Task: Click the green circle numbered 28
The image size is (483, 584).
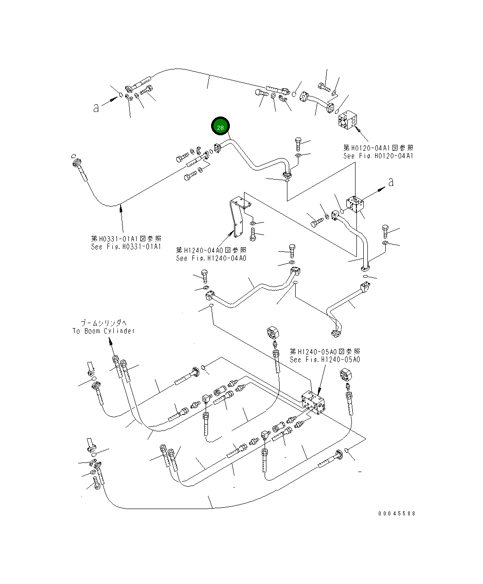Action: tap(220, 127)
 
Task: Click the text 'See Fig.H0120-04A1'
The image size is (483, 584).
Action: tap(378, 156)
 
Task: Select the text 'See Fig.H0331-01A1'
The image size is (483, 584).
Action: tap(126, 247)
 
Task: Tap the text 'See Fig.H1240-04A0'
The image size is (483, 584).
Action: tap(211, 258)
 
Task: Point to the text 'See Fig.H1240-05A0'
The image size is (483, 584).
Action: tap(324, 360)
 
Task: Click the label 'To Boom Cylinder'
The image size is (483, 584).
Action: tap(103, 331)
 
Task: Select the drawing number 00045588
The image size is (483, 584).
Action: tap(397, 513)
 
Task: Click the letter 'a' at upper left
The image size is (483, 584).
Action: tap(96, 108)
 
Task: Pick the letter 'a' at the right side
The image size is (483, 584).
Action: tap(390, 182)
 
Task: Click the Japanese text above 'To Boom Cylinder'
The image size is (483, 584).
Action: tap(104, 323)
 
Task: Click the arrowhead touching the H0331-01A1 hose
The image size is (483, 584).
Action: tap(121, 208)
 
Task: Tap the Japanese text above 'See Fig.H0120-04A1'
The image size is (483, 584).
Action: tap(378, 148)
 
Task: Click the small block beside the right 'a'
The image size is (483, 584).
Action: tap(356, 204)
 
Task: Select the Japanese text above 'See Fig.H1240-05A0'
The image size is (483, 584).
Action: tap(324, 351)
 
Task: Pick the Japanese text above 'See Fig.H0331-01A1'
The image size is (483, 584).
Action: tap(126, 239)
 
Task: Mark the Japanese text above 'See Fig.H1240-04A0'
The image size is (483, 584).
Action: tap(211, 250)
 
